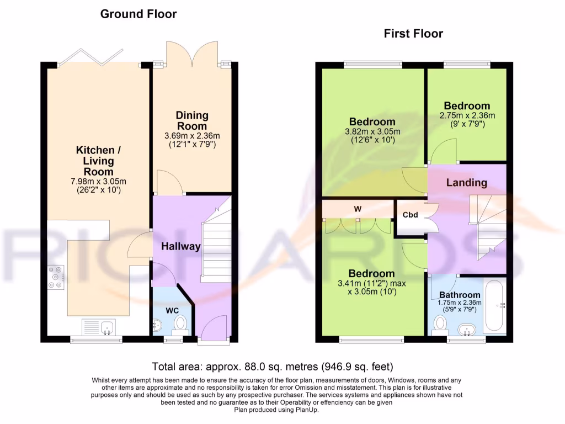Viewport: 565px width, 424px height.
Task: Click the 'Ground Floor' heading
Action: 138,14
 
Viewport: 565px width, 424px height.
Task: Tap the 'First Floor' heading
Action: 413,34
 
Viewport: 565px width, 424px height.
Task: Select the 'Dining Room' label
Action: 192,120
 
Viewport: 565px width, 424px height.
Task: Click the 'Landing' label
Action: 466,182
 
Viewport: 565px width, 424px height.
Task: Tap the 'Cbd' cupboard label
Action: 410,215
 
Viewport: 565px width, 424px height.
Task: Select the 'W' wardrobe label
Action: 358,209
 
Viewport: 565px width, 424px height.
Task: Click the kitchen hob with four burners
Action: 56,277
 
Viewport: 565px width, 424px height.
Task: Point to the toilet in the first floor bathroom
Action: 440,325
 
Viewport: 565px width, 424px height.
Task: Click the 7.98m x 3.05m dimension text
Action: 98,182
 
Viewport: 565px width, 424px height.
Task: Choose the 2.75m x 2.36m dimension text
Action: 467,116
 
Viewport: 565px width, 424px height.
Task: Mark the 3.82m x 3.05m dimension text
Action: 372,131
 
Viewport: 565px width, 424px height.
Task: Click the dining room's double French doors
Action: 191,53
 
